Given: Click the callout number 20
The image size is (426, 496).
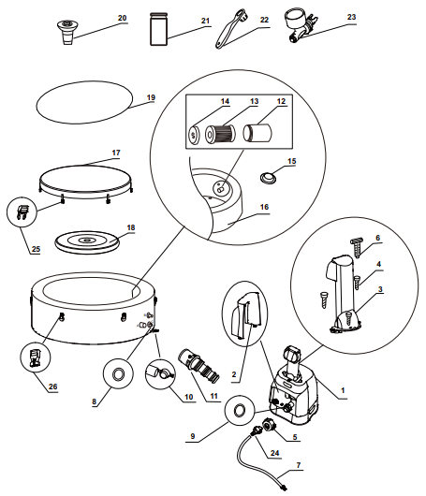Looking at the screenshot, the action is (x=122, y=18).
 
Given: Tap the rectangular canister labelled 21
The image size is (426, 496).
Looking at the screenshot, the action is (x=158, y=29).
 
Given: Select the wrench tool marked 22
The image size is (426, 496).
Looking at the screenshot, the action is (x=230, y=28).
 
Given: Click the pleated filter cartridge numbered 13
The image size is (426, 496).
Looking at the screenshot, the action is (x=221, y=134).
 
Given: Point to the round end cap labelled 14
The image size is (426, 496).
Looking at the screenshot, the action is (x=194, y=136).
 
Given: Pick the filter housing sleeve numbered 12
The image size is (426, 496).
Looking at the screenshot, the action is (x=257, y=133).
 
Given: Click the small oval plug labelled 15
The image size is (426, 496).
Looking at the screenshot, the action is (x=268, y=178).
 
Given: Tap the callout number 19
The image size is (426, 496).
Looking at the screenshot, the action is (x=152, y=97).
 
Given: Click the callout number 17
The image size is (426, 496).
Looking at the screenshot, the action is (x=116, y=153).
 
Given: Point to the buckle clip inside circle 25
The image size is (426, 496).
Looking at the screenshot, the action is (x=22, y=212).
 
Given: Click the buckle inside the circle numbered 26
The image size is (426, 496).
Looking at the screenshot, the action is (x=36, y=357).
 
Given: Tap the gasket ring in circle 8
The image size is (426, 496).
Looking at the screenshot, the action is (x=118, y=374).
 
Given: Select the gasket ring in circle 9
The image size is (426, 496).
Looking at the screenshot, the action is (x=240, y=411).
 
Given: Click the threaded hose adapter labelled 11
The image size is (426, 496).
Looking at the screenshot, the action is (x=198, y=365).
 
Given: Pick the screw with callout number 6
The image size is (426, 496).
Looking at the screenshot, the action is (x=357, y=248).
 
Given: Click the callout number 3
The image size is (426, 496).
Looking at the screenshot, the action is (x=380, y=289).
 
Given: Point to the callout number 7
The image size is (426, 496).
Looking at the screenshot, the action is (x=299, y=465).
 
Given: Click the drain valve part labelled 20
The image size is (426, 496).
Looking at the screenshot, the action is (x=67, y=32).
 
